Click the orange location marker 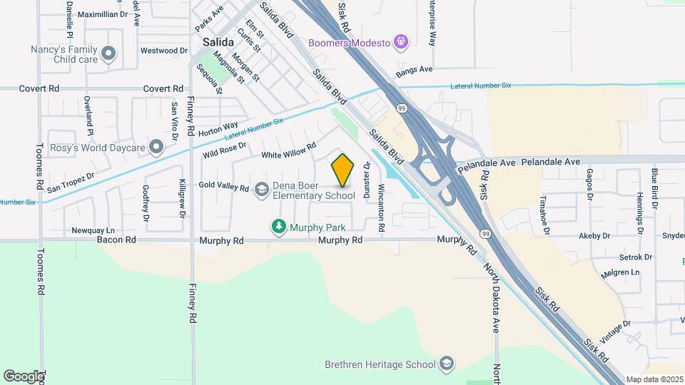click(343, 170)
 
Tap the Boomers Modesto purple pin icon click(401, 43)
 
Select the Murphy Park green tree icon click(278, 227)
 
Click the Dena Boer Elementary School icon click(262, 189)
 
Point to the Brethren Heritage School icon click(447, 364)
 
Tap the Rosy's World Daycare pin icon click(157, 148)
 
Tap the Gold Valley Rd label click(223, 186)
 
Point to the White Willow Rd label click(288, 152)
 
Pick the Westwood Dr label click(163, 51)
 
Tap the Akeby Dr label click(594, 235)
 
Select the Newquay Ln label click(93, 230)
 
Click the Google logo click(23, 376)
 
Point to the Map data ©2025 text click(655, 379)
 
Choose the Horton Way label click(218, 129)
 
